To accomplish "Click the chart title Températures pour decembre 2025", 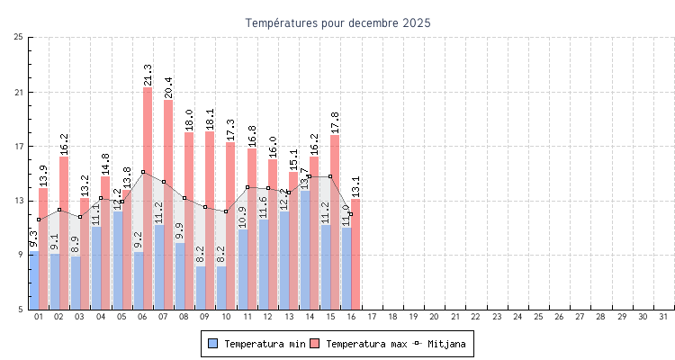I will point(337,22).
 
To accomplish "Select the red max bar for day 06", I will point(148,198).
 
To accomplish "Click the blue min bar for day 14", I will point(305,249).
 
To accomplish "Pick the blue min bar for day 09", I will point(201,287).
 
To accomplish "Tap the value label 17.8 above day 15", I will point(335,121).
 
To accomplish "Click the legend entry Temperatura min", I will point(253,344).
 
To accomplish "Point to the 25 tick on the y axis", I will point(19,37).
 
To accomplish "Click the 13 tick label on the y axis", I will point(19,201).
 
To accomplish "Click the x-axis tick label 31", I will point(663,317).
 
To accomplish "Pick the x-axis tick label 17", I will point(372,317).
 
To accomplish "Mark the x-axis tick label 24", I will point(517,317).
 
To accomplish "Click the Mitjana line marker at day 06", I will point(143,172).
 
